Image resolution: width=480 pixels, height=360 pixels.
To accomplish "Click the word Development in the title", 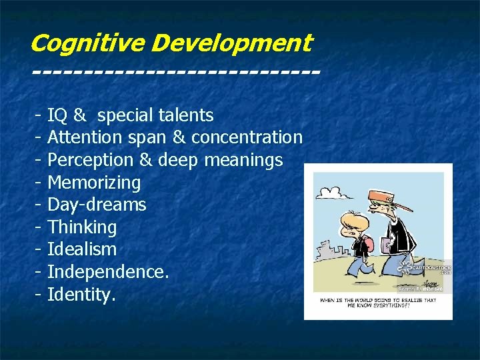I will click(231, 43).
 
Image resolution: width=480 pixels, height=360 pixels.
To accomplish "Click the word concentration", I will click(247, 138).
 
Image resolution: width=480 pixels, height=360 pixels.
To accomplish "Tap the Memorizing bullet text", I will click(94, 183).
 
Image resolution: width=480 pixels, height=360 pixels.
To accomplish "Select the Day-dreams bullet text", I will click(97, 205).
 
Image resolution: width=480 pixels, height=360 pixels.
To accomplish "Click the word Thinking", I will click(82, 227).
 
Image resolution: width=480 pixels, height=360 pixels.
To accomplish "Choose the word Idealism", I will click(82, 249).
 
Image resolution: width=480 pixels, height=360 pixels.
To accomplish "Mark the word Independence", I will click(107, 272).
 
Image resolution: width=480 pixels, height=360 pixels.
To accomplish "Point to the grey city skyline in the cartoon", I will click(326, 254).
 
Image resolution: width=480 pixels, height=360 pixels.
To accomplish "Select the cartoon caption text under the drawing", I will click(378, 303).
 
